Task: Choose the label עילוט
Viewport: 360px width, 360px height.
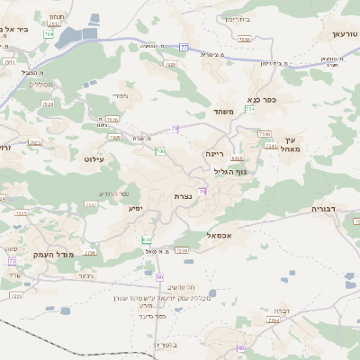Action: (x=94, y=158)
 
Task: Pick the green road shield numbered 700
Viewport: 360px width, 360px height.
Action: (x=159, y=151)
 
